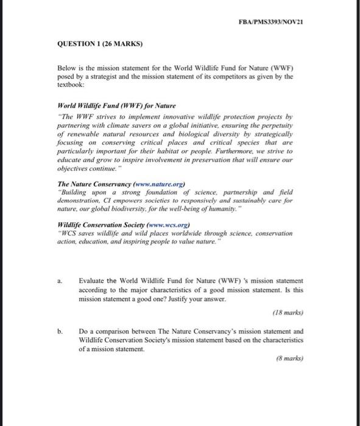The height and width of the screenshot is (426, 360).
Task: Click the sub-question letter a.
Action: click(60, 281)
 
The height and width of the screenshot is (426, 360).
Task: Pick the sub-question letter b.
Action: click(60, 332)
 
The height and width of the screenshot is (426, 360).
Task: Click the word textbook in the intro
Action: click(72, 86)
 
